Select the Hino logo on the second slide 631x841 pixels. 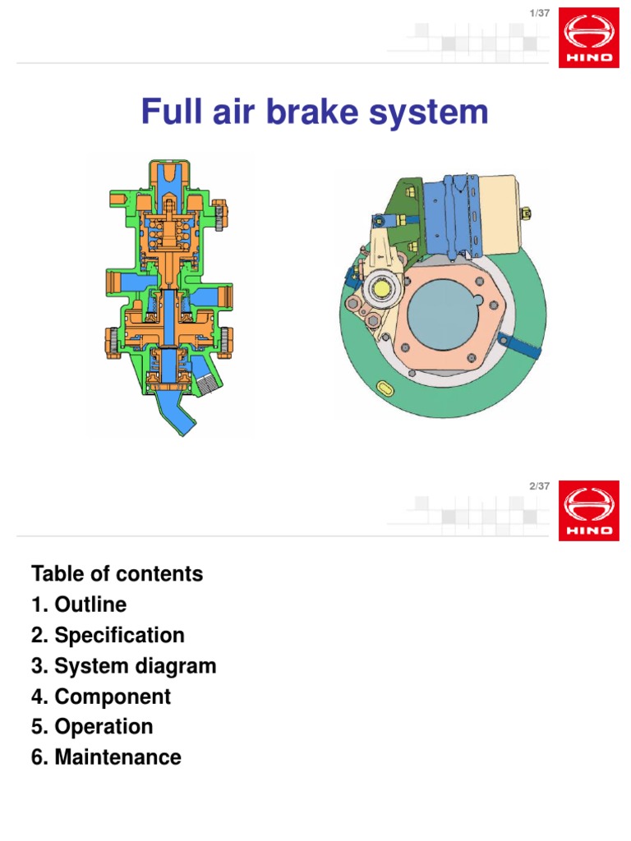coord(589,512)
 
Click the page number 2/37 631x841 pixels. coord(540,486)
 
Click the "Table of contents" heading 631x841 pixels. coord(117,573)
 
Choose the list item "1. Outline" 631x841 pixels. coord(79,604)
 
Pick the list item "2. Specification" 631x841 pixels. coord(108,635)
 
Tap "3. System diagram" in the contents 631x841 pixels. coord(123,665)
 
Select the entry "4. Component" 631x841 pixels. coord(101,696)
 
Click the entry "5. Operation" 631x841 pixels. coord(92,727)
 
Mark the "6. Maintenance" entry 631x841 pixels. coord(106,757)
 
